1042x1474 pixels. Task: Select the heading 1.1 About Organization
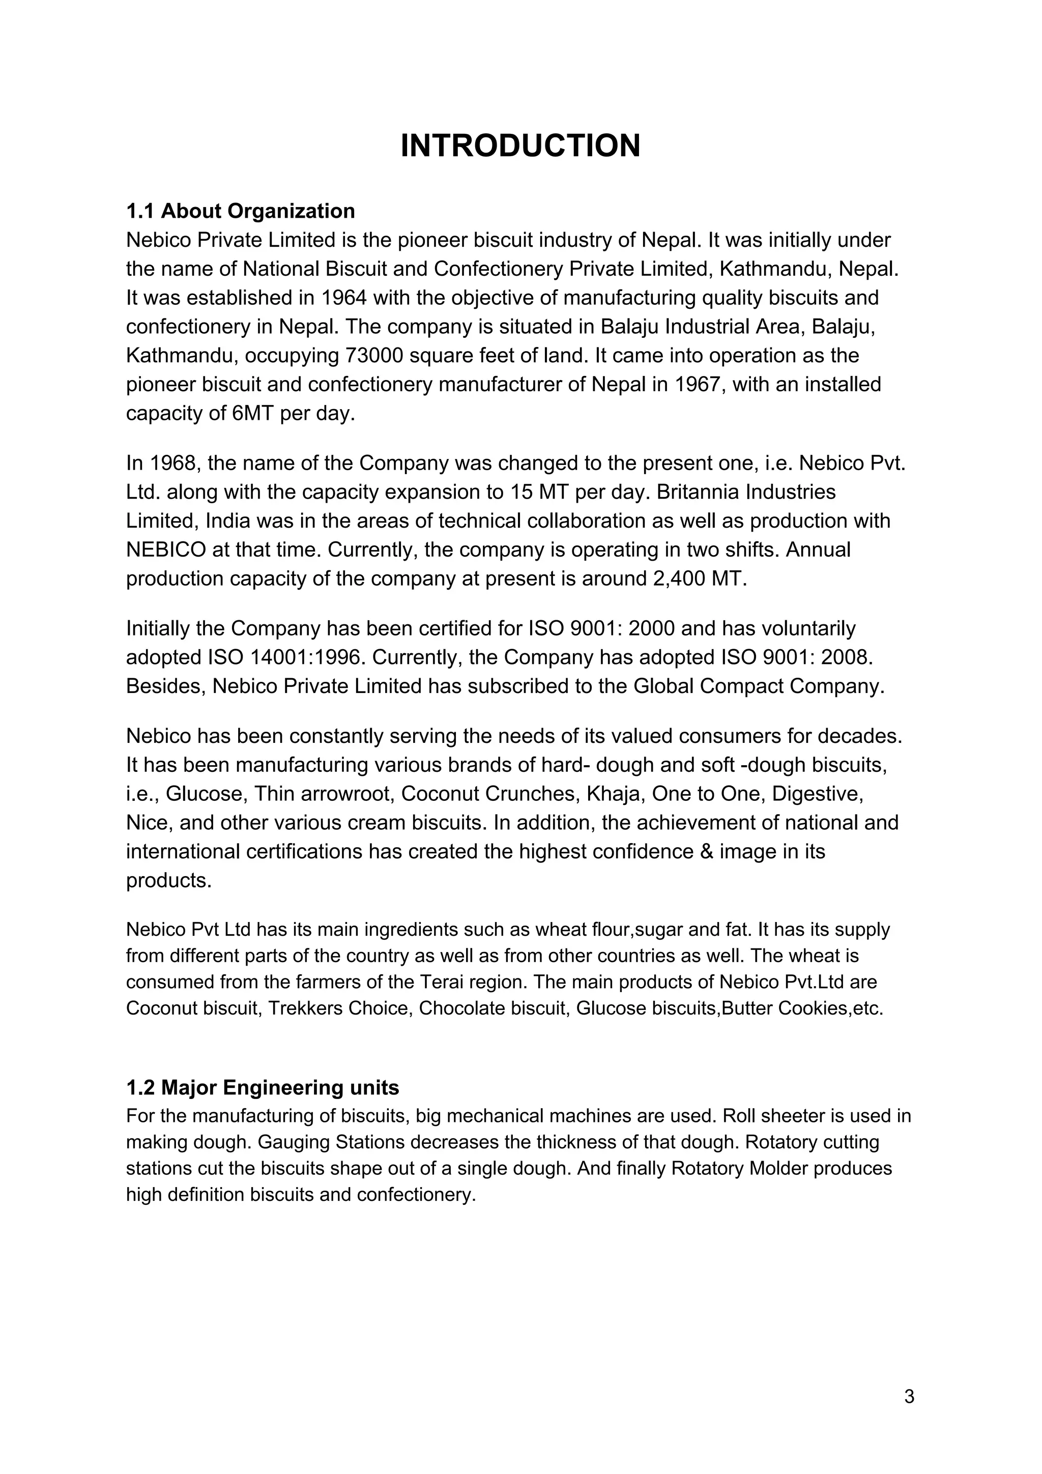pyautogui.click(x=240, y=211)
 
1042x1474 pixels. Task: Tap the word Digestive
pyautogui.click(x=817, y=794)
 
